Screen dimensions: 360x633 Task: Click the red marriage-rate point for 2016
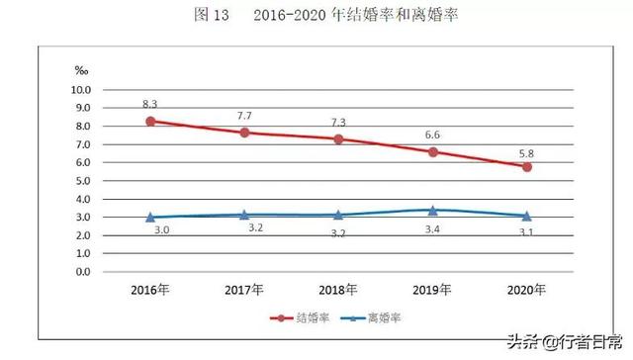(x=150, y=122)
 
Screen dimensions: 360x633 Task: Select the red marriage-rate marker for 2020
(x=527, y=167)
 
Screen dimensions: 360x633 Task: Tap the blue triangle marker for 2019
(x=432, y=210)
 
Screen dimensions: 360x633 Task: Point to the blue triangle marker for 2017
(x=244, y=214)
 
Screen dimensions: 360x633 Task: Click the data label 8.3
(x=150, y=102)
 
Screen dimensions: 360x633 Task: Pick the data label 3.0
(x=150, y=230)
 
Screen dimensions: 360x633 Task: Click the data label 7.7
(x=244, y=115)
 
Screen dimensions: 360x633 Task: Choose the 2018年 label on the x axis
(x=338, y=291)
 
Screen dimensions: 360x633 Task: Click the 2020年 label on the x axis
(x=527, y=291)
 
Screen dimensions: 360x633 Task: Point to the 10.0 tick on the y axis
(x=81, y=90)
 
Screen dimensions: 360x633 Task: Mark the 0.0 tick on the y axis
(x=83, y=272)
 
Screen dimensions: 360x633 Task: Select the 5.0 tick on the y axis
(x=83, y=181)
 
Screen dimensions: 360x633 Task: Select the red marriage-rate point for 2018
(x=338, y=139)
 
